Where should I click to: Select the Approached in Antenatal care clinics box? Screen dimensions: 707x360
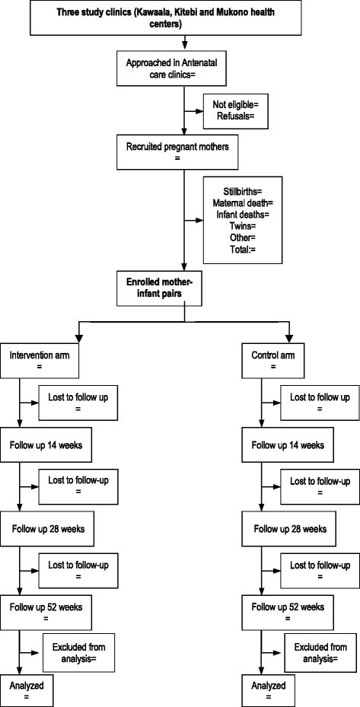(183, 67)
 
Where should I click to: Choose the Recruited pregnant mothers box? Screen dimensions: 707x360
(183, 151)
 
